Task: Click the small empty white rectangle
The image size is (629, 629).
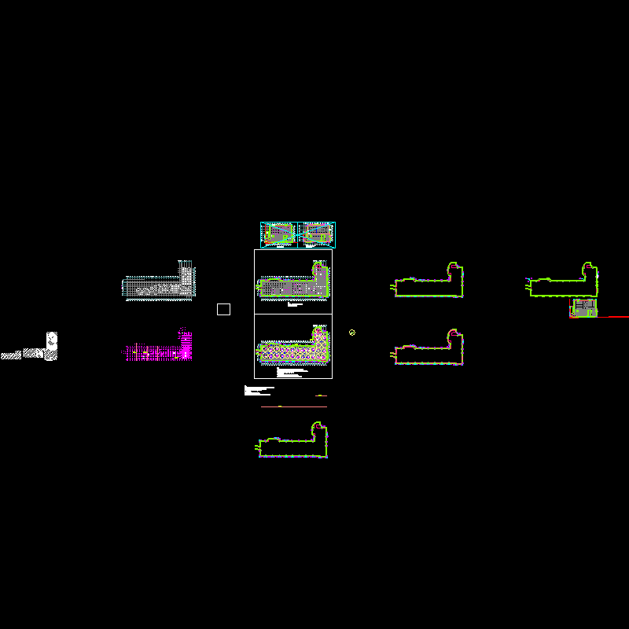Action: tap(223, 309)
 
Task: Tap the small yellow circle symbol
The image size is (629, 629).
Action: tap(352, 333)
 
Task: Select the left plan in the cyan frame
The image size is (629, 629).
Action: tap(278, 234)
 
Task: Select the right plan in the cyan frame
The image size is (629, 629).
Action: tap(317, 234)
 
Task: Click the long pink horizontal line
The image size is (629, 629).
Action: tap(293, 406)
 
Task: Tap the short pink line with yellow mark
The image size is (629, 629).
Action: tap(321, 395)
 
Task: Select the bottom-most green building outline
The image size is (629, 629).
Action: tap(292, 443)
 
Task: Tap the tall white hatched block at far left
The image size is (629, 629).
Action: tap(51, 346)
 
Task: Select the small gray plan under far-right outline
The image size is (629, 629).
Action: tap(583, 307)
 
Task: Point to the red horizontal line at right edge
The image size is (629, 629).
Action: tap(613, 316)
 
